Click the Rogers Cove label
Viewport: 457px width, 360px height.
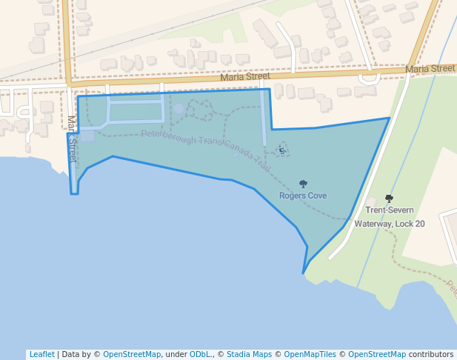[x=303, y=196]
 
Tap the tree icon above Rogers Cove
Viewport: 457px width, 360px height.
[x=303, y=184]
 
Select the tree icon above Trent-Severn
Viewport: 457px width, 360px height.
[x=390, y=199]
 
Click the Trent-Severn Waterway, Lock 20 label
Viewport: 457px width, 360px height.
[x=390, y=216]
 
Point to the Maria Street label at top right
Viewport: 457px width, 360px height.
[x=430, y=69]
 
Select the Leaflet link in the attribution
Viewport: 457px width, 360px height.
[x=41, y=354]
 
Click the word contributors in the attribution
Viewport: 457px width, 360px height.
[x=431, y=354]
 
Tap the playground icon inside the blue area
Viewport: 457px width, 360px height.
[x=282, y=150]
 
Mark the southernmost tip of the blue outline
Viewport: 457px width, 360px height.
[x=303, y=273]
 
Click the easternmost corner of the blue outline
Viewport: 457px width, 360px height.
[x=390, y=118]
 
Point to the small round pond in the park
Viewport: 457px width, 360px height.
[x=179, y=110]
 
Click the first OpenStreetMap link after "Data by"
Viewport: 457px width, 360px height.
[x=131, y=354]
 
